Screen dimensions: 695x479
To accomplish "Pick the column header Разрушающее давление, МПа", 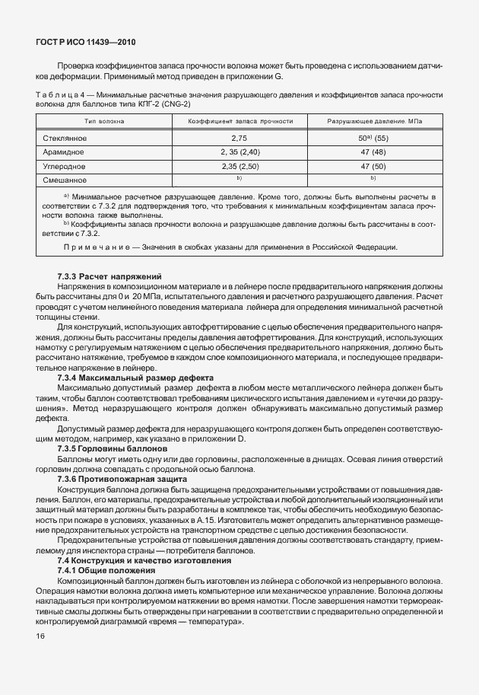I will (374, 121).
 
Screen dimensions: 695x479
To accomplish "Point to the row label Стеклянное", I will (65, 139).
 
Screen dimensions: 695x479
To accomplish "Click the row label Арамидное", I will (63, 152).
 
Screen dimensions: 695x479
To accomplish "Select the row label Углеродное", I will (65, 166).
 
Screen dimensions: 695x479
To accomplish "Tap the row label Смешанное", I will (65, 180).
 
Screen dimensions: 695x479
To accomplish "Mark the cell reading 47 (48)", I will (374, 152).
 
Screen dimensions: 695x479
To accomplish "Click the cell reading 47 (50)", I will (374, 166).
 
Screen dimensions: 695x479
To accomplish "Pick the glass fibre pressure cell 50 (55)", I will (374, 139).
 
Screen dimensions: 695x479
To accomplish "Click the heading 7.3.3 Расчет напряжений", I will (106, 275).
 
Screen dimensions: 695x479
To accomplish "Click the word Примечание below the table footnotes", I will (97, 247).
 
